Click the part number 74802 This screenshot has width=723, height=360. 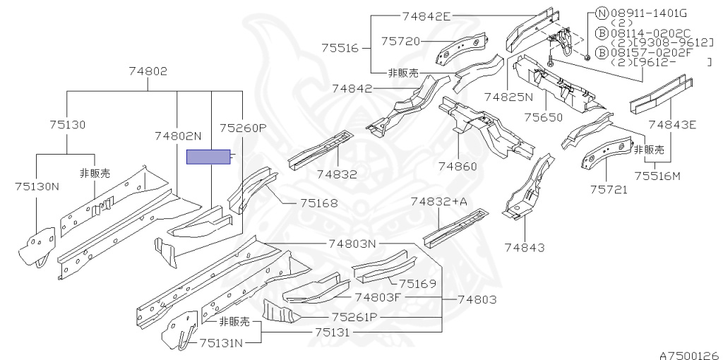coord(148,71)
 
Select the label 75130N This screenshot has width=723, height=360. coord(37,186)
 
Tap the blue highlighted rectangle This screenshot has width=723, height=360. coord(208,157)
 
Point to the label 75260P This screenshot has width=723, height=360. coord(243,128)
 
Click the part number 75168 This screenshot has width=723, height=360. coord(318,203)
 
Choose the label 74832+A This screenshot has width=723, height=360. coord(439,202)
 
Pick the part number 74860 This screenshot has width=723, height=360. coord(458,167)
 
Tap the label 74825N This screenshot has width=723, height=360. coord(509,95)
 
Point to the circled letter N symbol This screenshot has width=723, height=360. coord(602,13)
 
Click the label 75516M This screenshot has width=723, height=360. coord(657,176)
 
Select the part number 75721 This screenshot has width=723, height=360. coord(609,189)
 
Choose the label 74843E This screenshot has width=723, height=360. coord(672,125)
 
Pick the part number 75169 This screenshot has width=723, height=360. coord(417,284)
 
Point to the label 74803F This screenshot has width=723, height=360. coord(378,298)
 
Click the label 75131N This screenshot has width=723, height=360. coord(221,344)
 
